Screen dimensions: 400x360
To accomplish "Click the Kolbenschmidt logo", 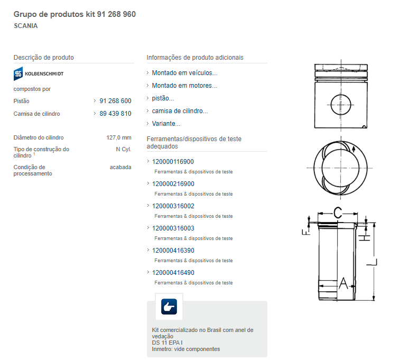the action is (x=38, y=73).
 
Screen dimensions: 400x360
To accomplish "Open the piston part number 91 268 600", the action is (x=115, y=101).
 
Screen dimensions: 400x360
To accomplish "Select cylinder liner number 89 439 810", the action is (x=115, y=114).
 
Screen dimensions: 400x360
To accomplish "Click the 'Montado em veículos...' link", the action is (x=184, y=73).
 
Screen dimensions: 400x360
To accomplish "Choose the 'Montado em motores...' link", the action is (x=184, y=86).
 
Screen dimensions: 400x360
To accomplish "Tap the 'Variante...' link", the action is (x=166, y=124).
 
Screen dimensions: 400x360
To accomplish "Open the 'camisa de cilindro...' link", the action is (x=180, y=111).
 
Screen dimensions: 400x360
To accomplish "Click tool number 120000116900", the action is (x=173, y=162).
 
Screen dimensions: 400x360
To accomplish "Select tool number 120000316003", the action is (x=173, y=228).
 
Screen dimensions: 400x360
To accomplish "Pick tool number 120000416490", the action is (x=173, y=273).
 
